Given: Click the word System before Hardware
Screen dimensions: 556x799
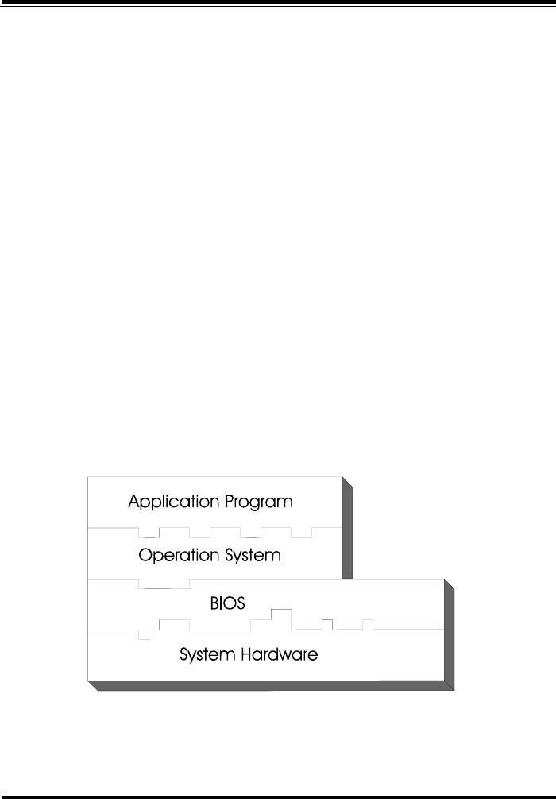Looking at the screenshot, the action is point(205,655).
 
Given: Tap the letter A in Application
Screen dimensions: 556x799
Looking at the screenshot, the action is point(133,502).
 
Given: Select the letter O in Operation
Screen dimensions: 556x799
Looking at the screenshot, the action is point(145,554).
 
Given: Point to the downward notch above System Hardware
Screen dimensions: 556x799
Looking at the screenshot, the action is point(144,634).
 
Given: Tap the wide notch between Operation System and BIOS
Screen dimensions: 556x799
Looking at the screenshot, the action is point(164,584).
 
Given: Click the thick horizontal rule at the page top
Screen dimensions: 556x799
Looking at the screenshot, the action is point(278,3).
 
